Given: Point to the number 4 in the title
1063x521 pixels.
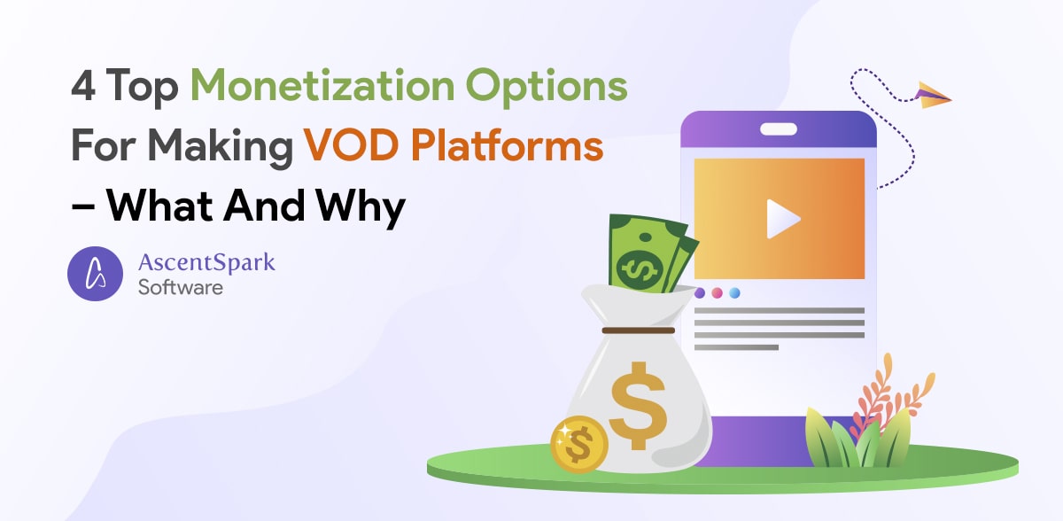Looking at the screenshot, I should [x=81, y=88].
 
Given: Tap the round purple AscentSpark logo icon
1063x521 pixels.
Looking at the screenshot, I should [x=96, y=273].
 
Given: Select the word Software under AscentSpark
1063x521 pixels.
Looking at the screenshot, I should [x=180, y=287].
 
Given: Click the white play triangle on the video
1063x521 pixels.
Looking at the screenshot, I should [x=781, y=219].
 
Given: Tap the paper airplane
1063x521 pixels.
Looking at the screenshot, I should [x=933, y=95].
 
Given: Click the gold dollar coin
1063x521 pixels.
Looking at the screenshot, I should [x=578, y=442].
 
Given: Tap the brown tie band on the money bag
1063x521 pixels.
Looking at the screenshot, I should [x=638, y=330].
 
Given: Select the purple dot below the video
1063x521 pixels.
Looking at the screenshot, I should [x=700, y=292].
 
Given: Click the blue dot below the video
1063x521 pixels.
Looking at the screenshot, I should [x=734, y=292].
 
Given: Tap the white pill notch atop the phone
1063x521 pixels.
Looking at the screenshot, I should [x=778, y=128].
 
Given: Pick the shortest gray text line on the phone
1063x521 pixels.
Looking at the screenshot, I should [x=736, y=347].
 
